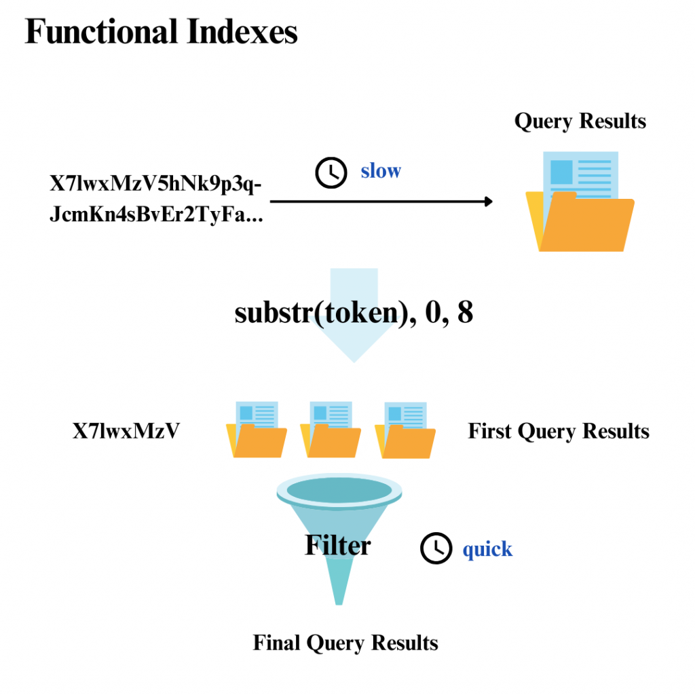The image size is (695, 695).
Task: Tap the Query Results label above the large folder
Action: click(580, 121)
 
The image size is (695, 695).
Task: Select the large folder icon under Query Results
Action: click(580, 204)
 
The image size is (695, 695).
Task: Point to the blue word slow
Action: click(380, 170)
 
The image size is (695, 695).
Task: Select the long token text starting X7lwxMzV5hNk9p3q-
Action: click(157, 200)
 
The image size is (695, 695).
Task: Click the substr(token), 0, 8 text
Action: click(354, 314)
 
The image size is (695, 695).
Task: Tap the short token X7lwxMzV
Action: click(126, 431)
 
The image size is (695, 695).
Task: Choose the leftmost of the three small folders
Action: click(257, 430)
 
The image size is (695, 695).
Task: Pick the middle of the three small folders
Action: click(331, 430)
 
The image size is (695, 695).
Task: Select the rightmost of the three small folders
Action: click(405, 430)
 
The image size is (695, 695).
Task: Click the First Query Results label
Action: click(558, 431)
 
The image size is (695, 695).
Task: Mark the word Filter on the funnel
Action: click(337, 545)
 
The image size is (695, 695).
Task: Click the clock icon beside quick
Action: click(436, 548)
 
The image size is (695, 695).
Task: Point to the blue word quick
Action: click(487, 548)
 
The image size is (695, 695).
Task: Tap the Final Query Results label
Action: click(345, 643)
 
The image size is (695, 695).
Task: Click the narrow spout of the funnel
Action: click(338, 584)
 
